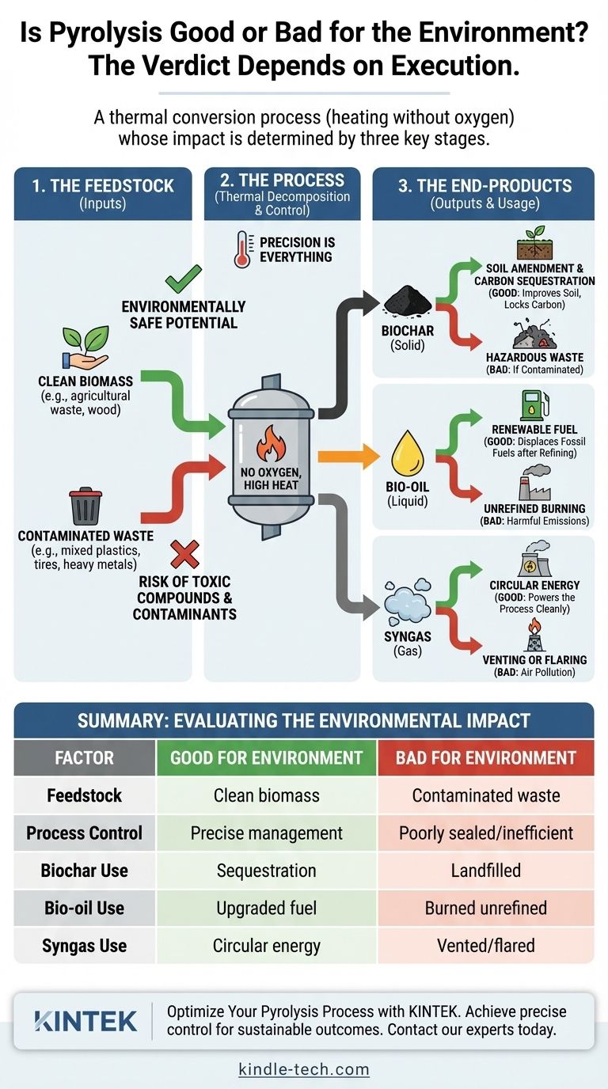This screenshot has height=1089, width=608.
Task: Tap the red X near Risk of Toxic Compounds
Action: point(184,553)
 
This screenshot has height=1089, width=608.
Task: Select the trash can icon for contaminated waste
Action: point(85,506)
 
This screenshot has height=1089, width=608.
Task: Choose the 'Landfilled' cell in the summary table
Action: point(485,871)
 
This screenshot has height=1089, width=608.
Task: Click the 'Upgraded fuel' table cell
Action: point(267,908)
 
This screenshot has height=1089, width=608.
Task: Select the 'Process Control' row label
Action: point(84,833)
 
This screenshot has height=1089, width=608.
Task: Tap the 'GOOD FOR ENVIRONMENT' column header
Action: point(267,757)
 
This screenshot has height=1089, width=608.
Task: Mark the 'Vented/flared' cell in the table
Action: point(485,945)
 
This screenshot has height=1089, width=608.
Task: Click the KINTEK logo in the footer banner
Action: point(85,1021)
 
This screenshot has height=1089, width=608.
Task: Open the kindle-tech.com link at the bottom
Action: point(304,1069)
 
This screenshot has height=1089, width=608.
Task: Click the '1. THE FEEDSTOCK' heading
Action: point(103,186)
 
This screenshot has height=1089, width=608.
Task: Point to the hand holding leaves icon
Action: point(84,349)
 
